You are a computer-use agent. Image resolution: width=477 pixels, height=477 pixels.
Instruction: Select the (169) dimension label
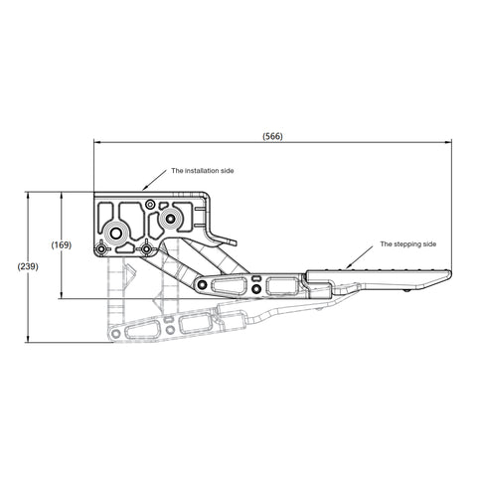pos(61,244)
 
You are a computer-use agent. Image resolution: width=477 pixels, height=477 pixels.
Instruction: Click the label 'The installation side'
pos(203,171)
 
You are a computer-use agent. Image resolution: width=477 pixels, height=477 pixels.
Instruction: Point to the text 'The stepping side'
pos(408,243)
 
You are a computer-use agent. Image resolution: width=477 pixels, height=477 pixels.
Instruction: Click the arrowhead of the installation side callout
pos(143,186)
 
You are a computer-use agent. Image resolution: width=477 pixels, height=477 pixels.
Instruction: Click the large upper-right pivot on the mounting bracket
pos(171,217)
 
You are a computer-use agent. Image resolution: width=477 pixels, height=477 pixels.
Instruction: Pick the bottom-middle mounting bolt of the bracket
pos(147,248)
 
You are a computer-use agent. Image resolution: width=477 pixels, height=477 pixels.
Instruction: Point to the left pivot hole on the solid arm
pos(205,287)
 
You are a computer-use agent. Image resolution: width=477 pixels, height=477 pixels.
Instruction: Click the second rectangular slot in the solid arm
pos(281,286)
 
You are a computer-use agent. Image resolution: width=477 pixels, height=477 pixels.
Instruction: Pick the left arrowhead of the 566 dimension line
pos(96,142)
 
